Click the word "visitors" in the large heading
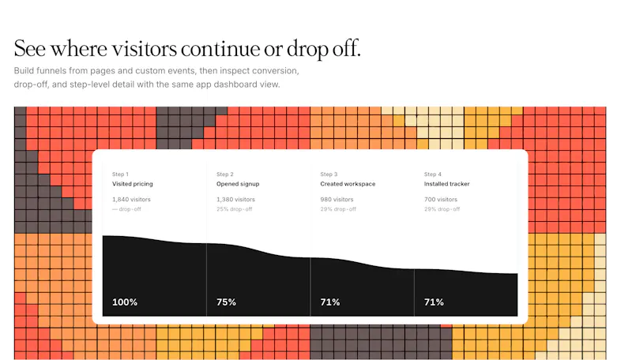click(144, 49)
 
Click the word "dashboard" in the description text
click(238, 84)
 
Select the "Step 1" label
click(120, 174)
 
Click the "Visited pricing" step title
click(133, 184)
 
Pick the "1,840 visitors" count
click(131, 199)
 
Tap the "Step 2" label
click(225, 174)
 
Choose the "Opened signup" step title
click(238, 184)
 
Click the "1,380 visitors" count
click(235, 199)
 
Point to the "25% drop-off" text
click(234, 209)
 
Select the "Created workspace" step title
click(348, 184)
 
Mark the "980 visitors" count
click(337, 199)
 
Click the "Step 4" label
click(432, 174)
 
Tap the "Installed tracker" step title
click(446, 184)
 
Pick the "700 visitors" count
click(441, 199)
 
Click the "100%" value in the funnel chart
click(125, 302)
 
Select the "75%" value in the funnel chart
click(226, 302)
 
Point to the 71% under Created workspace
click(330, 302)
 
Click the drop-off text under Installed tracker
click(442, 209)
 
